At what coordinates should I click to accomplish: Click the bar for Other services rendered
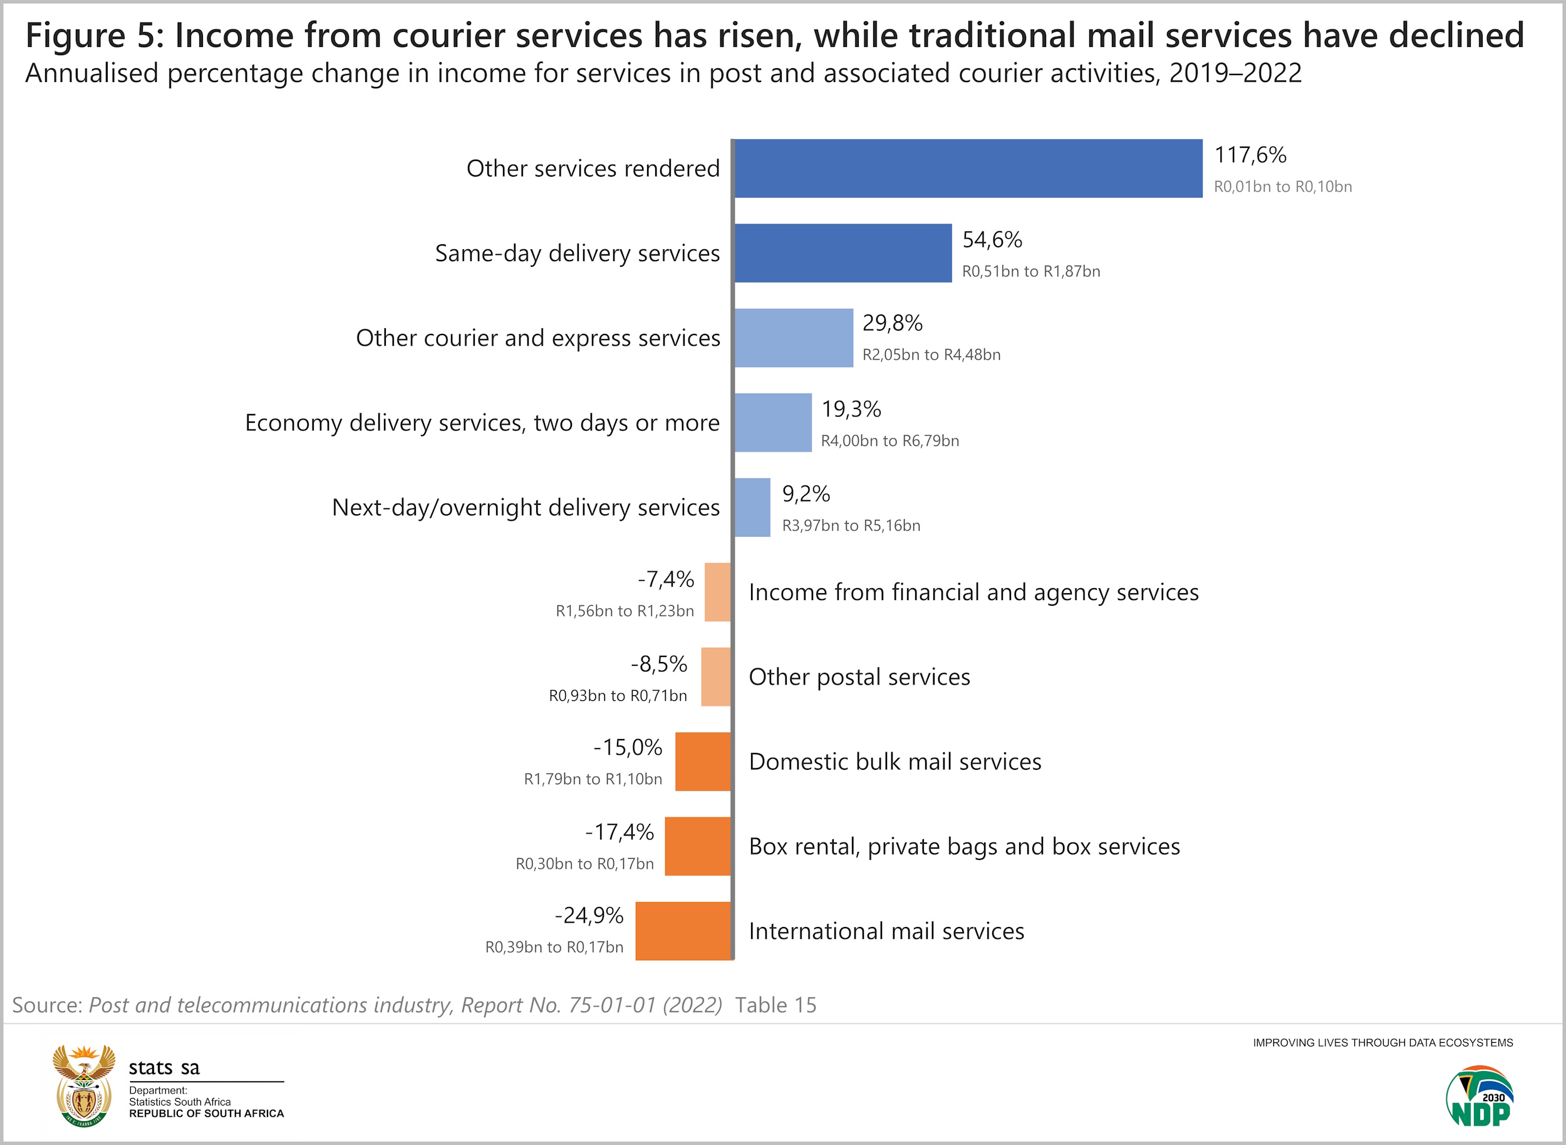tap(968, 168)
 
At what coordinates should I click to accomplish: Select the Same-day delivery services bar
tap(843, 253)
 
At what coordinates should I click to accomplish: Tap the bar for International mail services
tap(683, 931)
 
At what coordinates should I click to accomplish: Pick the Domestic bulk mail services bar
tap(702, 762)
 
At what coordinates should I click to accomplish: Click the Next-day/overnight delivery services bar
tap(752, 507)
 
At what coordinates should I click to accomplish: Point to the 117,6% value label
tap(1250, 155)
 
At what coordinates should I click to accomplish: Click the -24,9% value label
tap(589, 916)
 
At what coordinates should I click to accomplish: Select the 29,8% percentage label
tap(892, 323)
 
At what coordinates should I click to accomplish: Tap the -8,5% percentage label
tap(658, 664)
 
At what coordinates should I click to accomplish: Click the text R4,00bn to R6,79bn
tap(889, 441)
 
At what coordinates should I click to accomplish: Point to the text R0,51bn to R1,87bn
tap(1031, 271)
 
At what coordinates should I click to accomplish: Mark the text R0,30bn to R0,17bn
tap(584, 864)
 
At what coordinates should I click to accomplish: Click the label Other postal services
tap(859, 677)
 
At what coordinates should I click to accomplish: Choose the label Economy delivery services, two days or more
tap(482, 423)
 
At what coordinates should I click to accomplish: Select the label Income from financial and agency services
tap(973, 593)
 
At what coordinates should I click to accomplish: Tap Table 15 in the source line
tap(775, 1005)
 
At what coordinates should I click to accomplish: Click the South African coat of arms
tap(84, 1085)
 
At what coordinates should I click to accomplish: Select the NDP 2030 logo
tap(1480, 1097)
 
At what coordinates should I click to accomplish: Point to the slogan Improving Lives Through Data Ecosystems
tap(1382, 1042)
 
